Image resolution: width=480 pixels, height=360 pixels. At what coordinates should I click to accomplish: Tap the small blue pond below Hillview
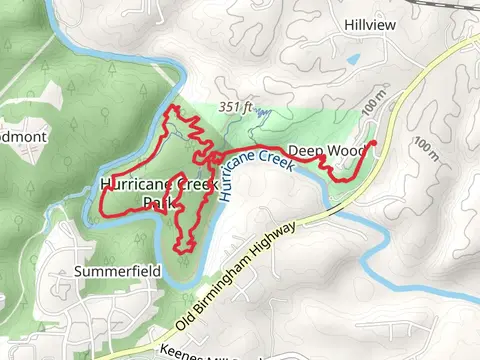tap(353, 60)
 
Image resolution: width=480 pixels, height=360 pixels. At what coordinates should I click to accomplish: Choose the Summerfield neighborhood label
tap(118, 271)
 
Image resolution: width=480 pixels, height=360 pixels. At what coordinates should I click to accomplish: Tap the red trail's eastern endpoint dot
tap(373, 144)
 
